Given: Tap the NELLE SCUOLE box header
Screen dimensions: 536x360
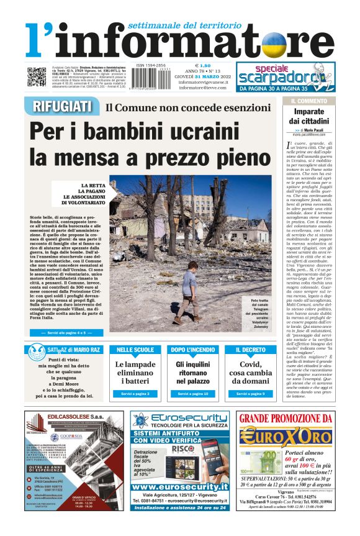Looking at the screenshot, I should tap(135, 350).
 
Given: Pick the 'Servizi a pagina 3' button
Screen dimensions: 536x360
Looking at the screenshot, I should tap(135, 394).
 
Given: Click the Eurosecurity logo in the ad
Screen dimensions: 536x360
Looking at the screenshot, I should tap(180, 419).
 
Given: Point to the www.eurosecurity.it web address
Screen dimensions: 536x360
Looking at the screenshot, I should tap(180, 487).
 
